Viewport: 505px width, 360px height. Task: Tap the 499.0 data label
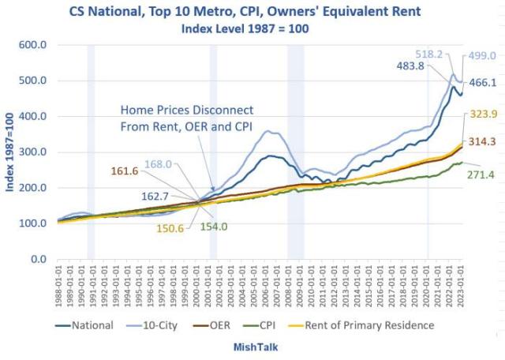coord(481,56)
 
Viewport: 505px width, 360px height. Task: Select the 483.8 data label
coord(402,66)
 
